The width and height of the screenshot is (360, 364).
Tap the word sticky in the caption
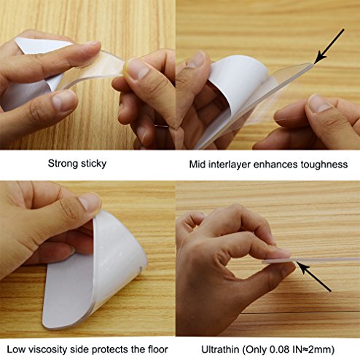point(93,164)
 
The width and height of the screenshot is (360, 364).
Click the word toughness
point(324,165)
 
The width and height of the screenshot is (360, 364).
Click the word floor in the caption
point(157,349)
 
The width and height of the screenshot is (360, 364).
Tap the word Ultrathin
point(220,349)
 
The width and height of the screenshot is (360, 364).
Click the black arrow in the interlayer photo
point(329,47)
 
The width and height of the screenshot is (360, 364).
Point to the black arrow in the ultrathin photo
point(313,277)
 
